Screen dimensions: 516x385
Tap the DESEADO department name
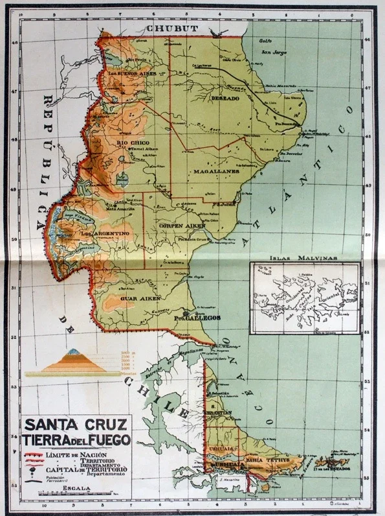[225, 98]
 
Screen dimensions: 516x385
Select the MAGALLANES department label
[216, 172]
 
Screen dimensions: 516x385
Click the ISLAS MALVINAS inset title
[303, 257]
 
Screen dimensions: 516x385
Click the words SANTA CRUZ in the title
[77, 425]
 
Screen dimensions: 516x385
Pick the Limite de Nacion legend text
[72, 455]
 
